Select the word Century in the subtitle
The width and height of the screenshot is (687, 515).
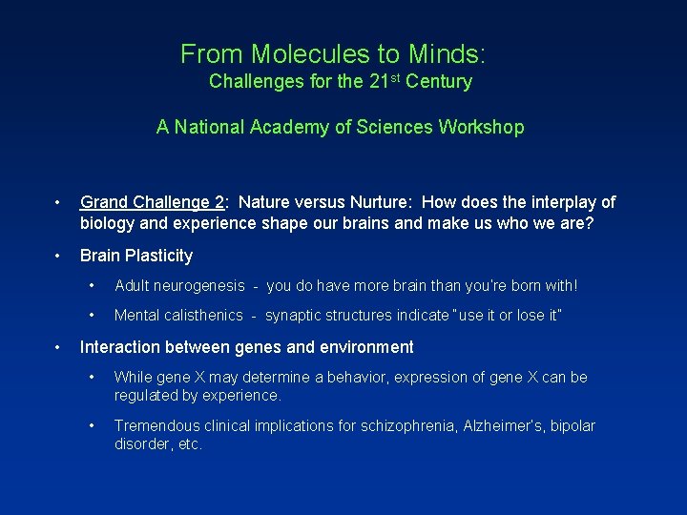438,82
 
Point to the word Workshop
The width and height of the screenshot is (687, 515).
481,127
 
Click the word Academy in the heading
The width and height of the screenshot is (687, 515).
287,127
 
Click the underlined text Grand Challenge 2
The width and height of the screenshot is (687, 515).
153,202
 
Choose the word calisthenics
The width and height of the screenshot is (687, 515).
203,316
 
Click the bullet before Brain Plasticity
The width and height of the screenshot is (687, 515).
59,256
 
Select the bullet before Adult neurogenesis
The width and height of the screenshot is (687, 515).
93,286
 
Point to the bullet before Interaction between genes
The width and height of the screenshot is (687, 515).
59,347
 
